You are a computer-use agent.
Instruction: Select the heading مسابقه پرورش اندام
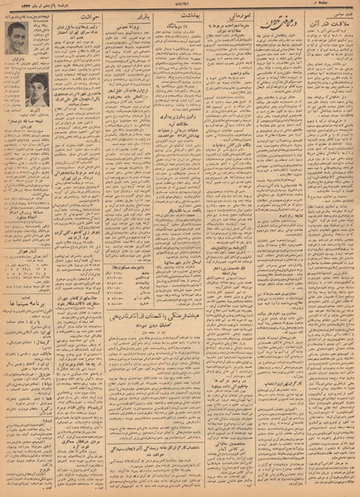25,202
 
